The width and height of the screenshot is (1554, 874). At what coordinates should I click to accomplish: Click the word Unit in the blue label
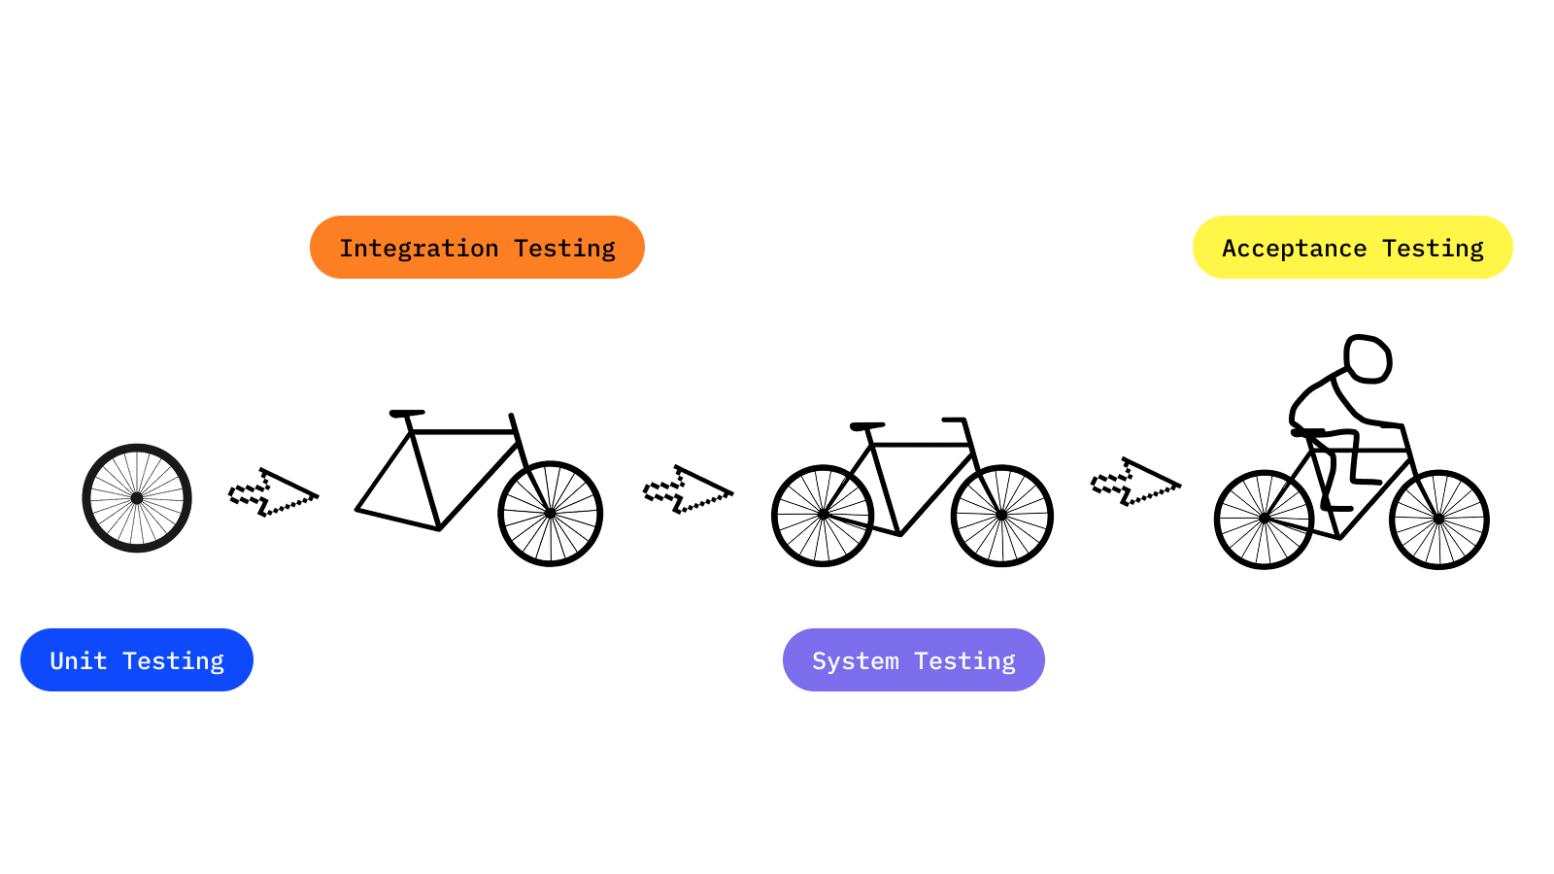78,660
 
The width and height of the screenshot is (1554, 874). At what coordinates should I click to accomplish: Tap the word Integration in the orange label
419,249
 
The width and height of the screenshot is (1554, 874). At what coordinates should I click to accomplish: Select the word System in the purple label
855,661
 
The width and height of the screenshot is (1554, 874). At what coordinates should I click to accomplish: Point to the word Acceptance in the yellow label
1294,249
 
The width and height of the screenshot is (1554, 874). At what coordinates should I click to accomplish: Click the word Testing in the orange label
564,249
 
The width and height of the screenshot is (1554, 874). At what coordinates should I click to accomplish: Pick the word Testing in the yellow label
1433,249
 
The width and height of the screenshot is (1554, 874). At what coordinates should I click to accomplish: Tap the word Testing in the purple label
964,661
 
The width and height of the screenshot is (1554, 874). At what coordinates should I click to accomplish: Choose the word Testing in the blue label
173,661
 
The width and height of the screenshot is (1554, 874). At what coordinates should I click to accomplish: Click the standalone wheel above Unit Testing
137,498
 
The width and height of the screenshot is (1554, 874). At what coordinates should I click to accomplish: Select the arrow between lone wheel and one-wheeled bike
272,494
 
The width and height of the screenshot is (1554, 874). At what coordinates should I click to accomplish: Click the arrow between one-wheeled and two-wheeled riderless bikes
687,491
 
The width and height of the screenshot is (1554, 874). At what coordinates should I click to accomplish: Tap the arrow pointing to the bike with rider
1134,484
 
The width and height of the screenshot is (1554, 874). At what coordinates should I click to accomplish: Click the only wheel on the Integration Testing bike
551,514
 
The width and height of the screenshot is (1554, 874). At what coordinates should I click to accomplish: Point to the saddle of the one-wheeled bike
407,413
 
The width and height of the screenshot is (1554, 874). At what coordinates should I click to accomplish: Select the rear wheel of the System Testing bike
823,516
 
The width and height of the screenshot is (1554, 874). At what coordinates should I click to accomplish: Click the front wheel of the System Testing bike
1002,516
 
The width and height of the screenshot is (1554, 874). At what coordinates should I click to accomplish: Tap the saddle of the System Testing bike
866,425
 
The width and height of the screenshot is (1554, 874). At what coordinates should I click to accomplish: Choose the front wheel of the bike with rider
1439,520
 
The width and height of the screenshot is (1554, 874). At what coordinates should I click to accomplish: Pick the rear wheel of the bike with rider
1264,520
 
